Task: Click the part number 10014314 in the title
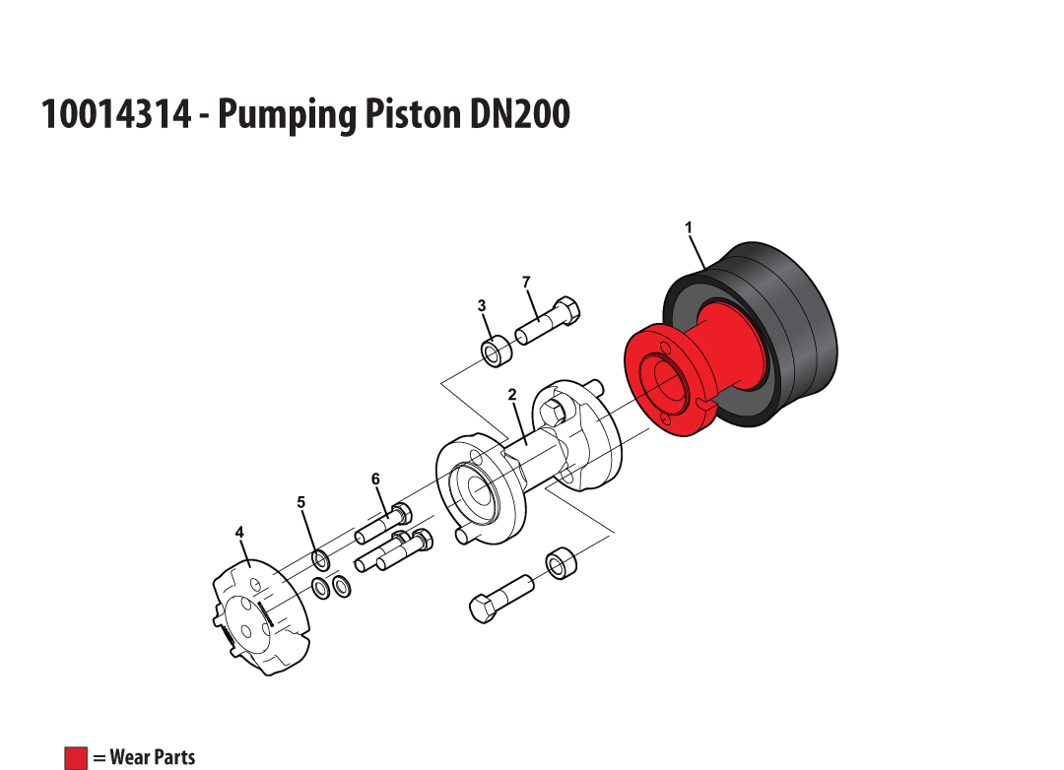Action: coord(116,113)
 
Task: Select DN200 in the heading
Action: coord(519,113)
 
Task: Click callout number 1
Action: coord(689,227)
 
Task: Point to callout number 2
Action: coord(512,395)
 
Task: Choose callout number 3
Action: coord(482,306)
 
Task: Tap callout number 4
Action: coord(239,533)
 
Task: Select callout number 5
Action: coord(301,503)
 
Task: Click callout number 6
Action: coord(376,480)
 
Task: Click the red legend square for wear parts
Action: coord(76,758)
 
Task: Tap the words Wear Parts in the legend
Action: coord(152,757)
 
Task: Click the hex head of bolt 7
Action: coord(566,310)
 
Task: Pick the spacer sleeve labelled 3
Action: coord(497,351)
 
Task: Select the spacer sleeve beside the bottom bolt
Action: coord(561,561)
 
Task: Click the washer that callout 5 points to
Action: coord(321,561)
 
